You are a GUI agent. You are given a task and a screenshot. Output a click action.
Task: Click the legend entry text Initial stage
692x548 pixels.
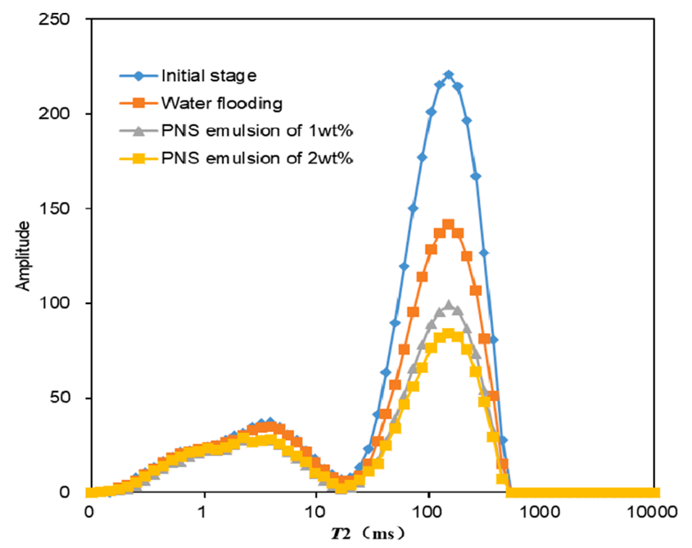(209, 75)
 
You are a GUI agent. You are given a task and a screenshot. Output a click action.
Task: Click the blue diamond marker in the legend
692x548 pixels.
(139, 75)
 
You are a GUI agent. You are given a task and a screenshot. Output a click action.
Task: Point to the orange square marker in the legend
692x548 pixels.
(139, 104)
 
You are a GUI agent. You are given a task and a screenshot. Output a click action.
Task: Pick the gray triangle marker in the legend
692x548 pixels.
(139, 132)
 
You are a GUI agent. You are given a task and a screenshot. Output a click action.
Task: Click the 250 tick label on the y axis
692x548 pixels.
(56, 20)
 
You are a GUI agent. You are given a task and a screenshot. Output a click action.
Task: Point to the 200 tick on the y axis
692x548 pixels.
(56, 114)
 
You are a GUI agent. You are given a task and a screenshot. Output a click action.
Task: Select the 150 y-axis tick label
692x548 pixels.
(56, 208)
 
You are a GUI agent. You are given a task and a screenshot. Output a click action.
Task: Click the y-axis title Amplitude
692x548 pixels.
(23, 256)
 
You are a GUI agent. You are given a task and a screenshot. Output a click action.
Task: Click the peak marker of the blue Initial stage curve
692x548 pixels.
(449, 75)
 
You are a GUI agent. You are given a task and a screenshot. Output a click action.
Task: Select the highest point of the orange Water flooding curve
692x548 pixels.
(448, 225)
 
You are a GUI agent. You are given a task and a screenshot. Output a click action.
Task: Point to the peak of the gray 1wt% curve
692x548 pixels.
(449, 305)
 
